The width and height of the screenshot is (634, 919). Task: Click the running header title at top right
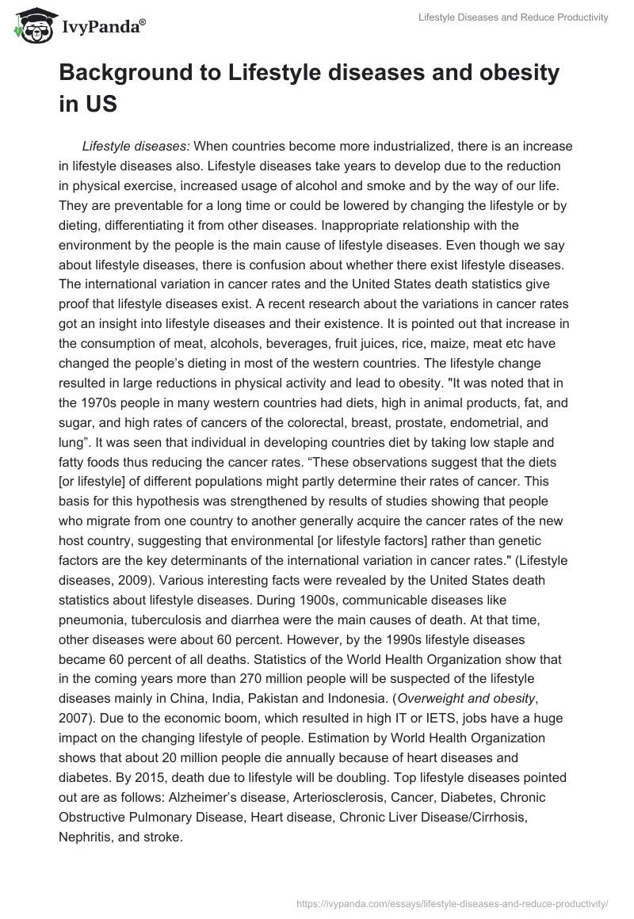pos(514,17)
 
